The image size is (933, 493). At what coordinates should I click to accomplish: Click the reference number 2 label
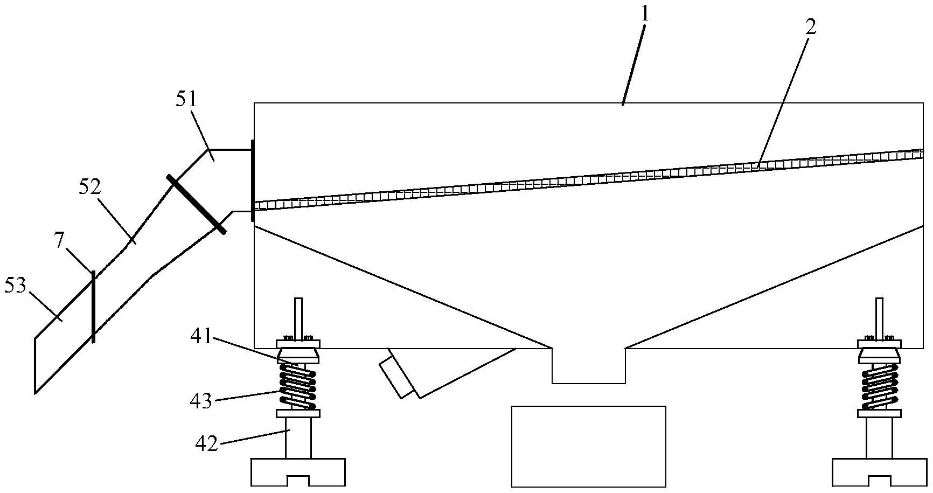coord(810,27)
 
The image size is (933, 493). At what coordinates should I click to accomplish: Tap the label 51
coord(187,99)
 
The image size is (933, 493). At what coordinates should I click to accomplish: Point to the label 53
coord(15,286)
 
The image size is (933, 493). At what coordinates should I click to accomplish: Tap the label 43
coord(200,400)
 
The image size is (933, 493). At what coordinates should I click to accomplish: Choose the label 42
coord(206,444)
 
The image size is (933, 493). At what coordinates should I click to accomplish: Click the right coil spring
coord(880,386)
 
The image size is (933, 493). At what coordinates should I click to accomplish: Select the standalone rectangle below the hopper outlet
coord(588,446)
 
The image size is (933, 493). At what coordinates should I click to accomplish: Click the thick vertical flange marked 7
coord(93,307)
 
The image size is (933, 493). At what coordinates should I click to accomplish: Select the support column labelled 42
coord(298,438)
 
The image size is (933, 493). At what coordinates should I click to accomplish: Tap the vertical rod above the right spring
coord(879,318)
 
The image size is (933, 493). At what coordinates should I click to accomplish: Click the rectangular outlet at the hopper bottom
coord(588,366)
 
